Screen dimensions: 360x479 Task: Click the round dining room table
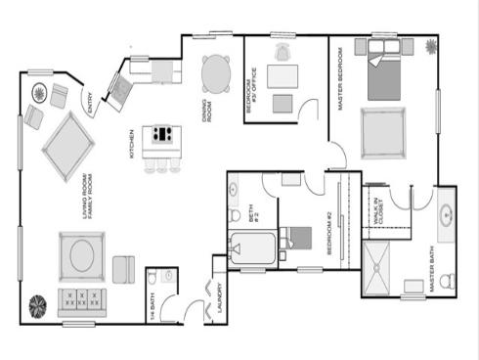coord(217,71)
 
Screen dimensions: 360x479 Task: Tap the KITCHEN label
coord(131,145)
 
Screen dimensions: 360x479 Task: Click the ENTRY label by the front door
coord(90,104)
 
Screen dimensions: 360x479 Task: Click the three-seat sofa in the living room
coord(80,298)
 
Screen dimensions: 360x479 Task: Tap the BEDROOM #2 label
coord(330,233)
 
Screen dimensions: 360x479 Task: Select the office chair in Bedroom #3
coord(283,51)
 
